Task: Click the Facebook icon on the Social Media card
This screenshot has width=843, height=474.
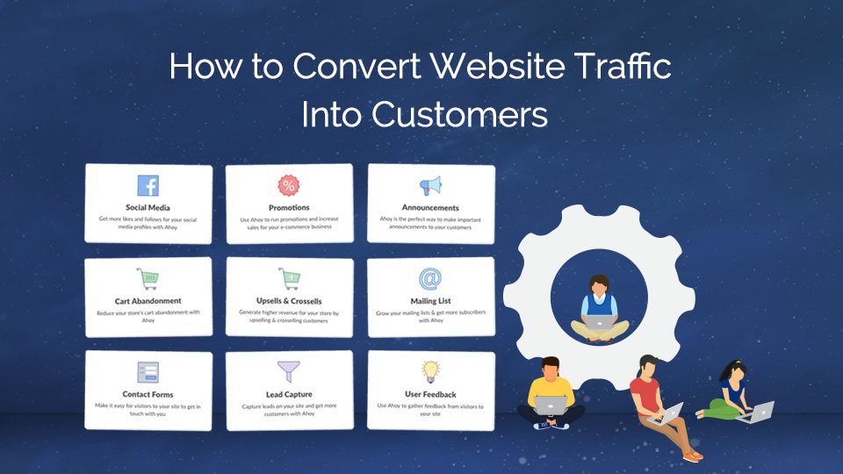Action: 148,186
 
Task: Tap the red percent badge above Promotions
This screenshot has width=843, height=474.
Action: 288,185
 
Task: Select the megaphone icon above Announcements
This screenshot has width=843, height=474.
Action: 430,185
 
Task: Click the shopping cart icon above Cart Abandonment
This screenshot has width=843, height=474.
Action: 148,279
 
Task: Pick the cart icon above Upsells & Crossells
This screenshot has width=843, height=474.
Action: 289,279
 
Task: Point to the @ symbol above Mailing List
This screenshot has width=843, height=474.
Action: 430,279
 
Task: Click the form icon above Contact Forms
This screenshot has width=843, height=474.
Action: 148,372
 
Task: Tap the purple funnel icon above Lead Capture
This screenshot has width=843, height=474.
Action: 289,372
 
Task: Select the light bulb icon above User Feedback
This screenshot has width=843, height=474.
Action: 430,371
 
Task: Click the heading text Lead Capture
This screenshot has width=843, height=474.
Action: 289,395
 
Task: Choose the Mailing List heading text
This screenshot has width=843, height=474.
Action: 430,301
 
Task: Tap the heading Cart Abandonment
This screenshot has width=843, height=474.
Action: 148,301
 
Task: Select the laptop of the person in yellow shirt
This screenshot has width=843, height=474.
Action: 551,406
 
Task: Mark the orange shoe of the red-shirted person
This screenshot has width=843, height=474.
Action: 694,456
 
